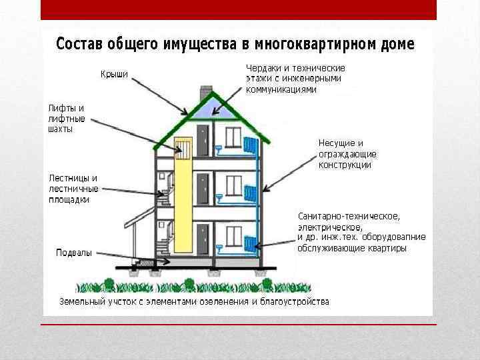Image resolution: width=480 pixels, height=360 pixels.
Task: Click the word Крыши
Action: (x=114, y=73)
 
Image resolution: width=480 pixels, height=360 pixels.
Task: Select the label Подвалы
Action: (x=74, y=253)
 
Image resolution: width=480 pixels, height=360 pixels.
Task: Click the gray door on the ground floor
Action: (x=203, y=238)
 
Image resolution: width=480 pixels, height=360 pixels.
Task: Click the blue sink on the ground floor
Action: (x=219, y=246)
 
